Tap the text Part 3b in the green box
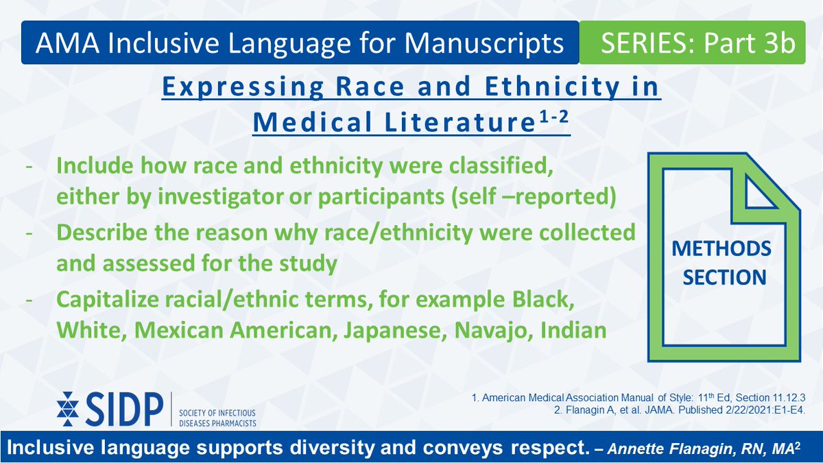(x=750, y=43)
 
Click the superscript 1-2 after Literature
(x=554, y=118)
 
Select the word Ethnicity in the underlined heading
(x=553, y=87)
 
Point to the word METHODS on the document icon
(x=721, y=249)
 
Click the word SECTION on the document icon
(x=724, y=277)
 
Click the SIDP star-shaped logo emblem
(x=68, y=409)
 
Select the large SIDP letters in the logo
(x=125, y=409)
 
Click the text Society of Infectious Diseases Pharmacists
(x=217, y=418)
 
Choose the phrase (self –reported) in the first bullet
(x=534, y=198)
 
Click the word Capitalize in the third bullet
(x=107, y=300)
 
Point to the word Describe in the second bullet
(x=102, y=233)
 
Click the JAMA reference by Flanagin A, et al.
(x=680, y=409)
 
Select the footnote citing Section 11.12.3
(x=639, y=398)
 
